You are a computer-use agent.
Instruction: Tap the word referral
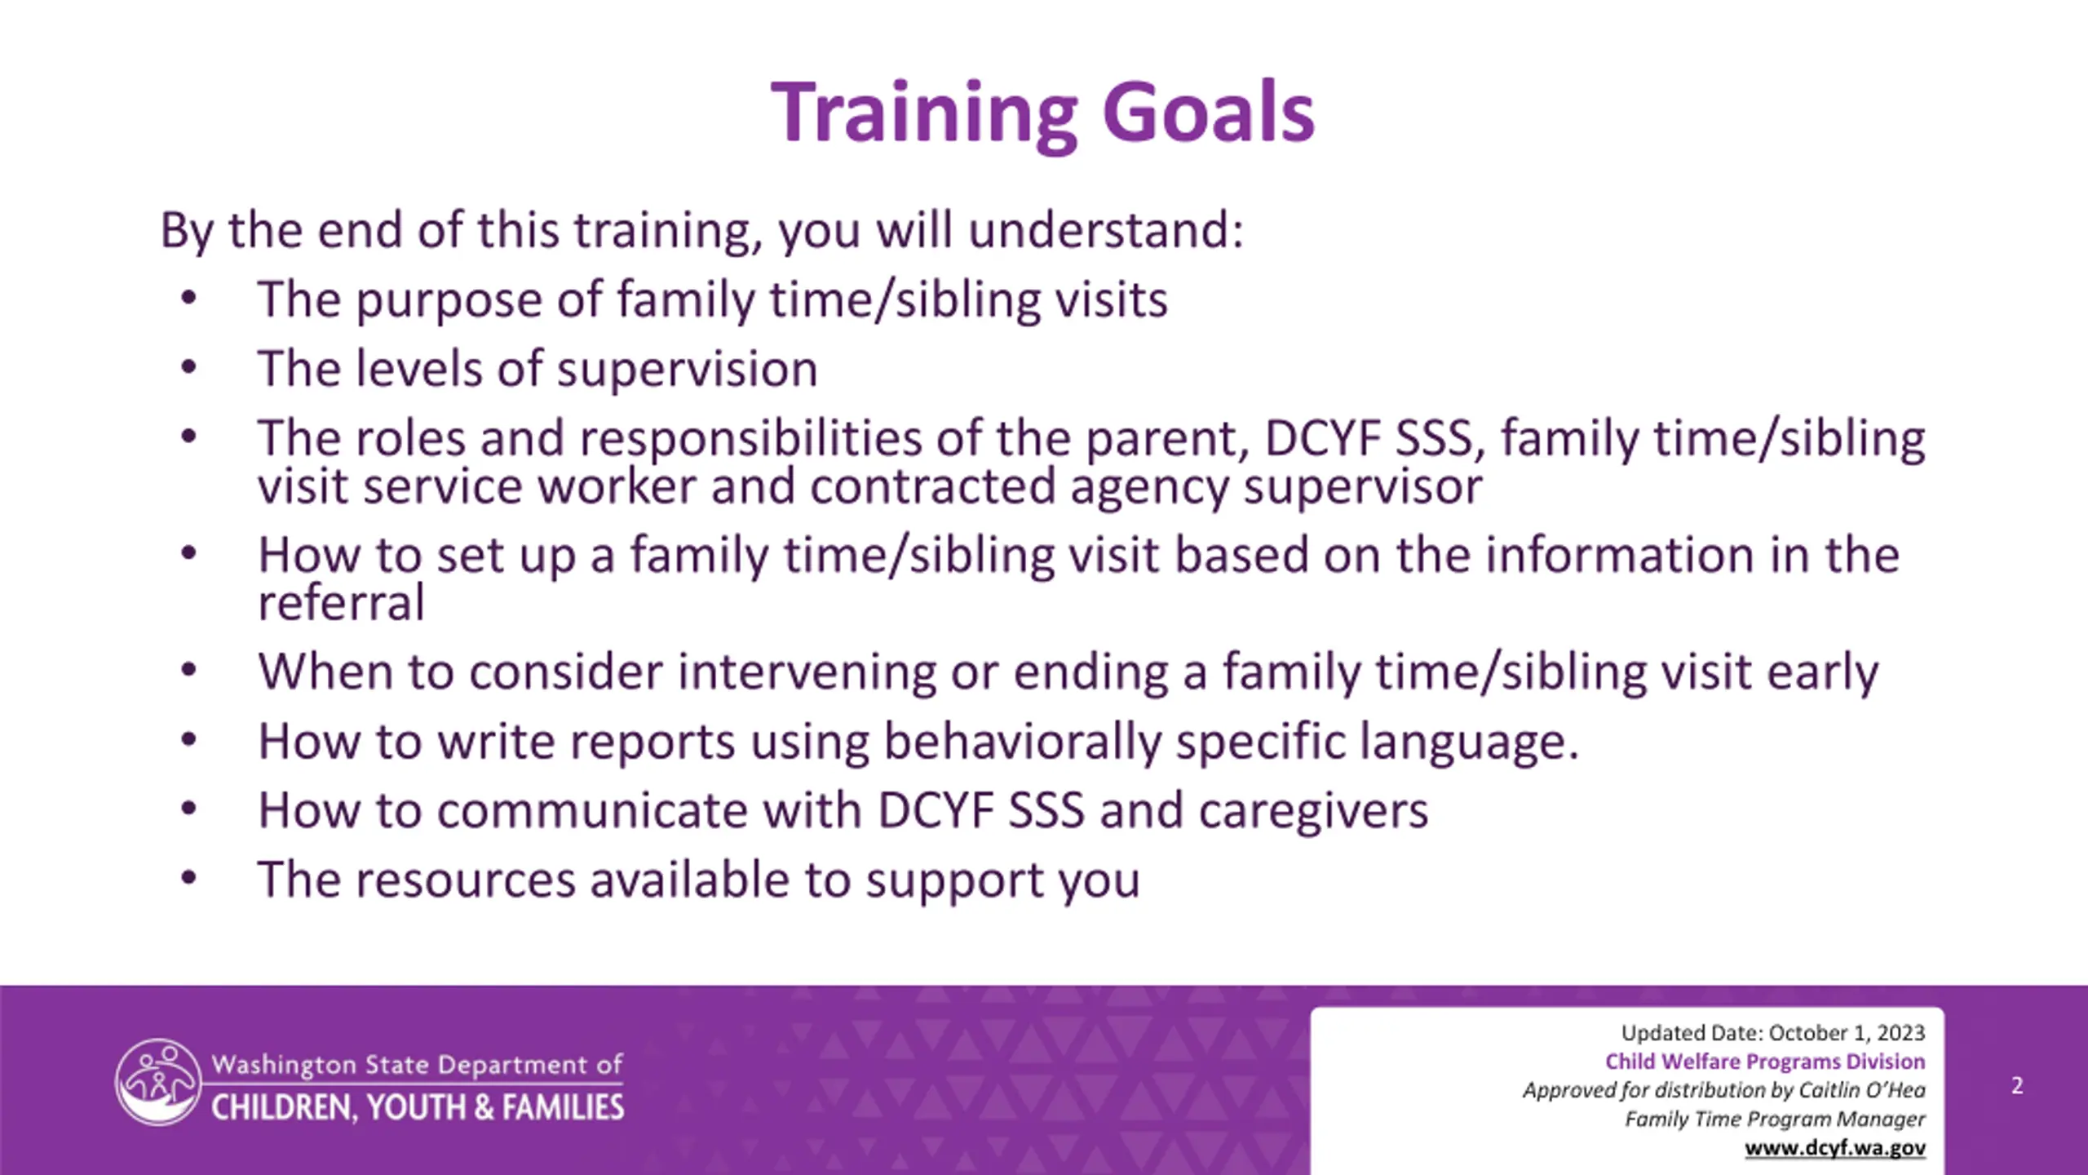click(341, 602)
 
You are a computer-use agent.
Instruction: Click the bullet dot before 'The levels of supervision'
click(189, 367)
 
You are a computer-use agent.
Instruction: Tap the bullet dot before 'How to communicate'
click(189, 809)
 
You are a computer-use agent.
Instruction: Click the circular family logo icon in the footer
click(158, 1082)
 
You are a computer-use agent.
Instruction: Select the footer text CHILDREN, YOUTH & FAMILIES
click(418, 1107)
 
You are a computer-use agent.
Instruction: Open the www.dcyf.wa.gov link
click(1835, 1148)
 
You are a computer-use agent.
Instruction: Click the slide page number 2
click(2017, 1085)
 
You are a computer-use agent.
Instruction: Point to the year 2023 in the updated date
click(1900, 1033)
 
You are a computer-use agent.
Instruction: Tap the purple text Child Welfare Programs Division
click(1765, 1062)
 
